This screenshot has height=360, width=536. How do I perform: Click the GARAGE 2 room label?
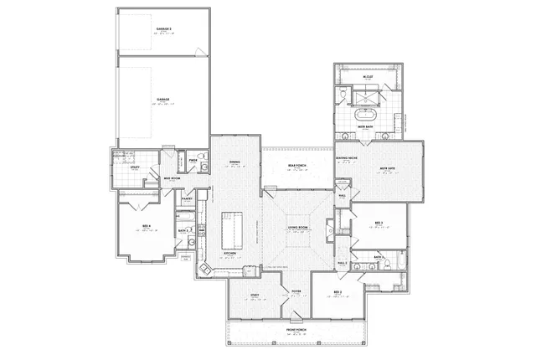pyautogui.click(x=163, y=29)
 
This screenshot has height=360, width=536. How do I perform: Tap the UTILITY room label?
pyautogui.click(x=135, y=167)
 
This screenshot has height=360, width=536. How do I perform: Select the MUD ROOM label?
pyautogui.click(x=171, y=178)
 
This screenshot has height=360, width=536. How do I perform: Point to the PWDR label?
pyautogui.click(x=193, y=159)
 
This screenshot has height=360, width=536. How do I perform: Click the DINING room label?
pyautogui.click(x=234, y=162)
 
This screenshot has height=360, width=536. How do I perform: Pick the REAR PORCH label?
pyautogui.click(x=297, y=165)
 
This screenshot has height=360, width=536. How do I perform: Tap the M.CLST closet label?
pyautogui.click(x=368, y=76)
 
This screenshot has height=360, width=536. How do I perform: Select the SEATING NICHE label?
pyautogui.click(x=348, y=158)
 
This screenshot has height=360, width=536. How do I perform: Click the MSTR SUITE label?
pyautogui.click(x=388, y=167)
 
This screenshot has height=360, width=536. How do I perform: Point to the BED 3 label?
pyautogui.click(x=379, y=222)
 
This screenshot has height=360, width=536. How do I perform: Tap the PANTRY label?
pyautogui.click(x=188, y=199)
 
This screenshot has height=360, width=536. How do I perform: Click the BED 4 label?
pyautogui.click(x=147, y=227)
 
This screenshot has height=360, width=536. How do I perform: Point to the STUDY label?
pyautogui.click(x=254, y=293)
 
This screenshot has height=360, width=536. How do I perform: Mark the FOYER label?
pyautogui.click(x=296, y=292)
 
